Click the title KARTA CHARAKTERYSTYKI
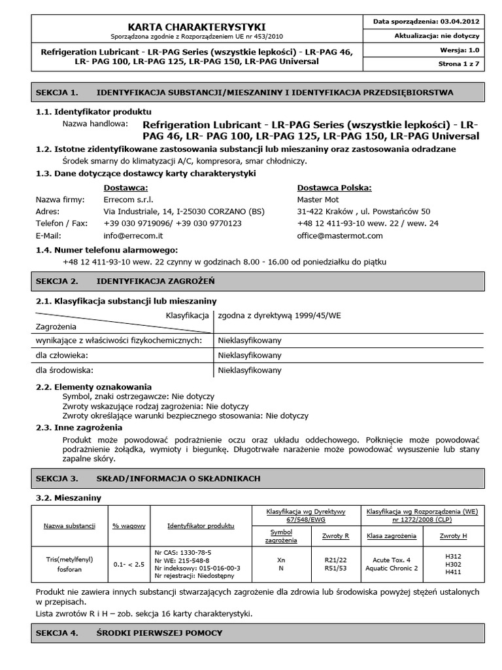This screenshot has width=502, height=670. pos(196,26)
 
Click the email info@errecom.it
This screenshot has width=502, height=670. pos(133,235)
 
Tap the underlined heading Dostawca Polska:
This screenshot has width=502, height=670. pos(334,188)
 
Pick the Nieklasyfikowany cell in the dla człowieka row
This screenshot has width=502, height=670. pos(249,355)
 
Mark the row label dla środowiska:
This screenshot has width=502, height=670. pos(61,370)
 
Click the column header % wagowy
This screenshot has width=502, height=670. pos(128,525)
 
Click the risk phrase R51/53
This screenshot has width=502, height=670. pos(337,568)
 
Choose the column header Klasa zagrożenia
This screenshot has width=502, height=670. pos(392,536)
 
